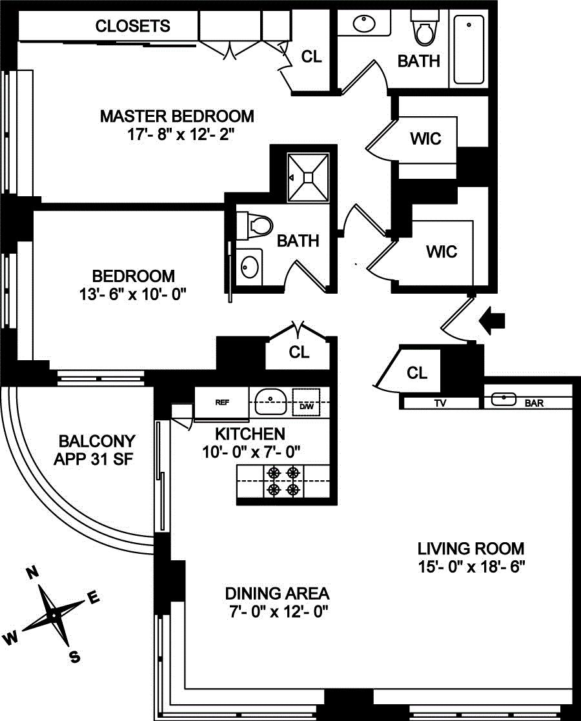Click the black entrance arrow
coord(494,320)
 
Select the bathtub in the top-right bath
coord(469,49)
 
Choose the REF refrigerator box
coord(221,402)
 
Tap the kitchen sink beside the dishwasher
coord(270,401)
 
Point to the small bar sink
coord(503,400)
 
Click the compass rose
coord(54,614)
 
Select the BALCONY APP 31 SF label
coord(97,451)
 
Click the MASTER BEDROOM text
coord(177,116)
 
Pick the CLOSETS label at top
coord(133,26)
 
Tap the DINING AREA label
coord(277,593)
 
